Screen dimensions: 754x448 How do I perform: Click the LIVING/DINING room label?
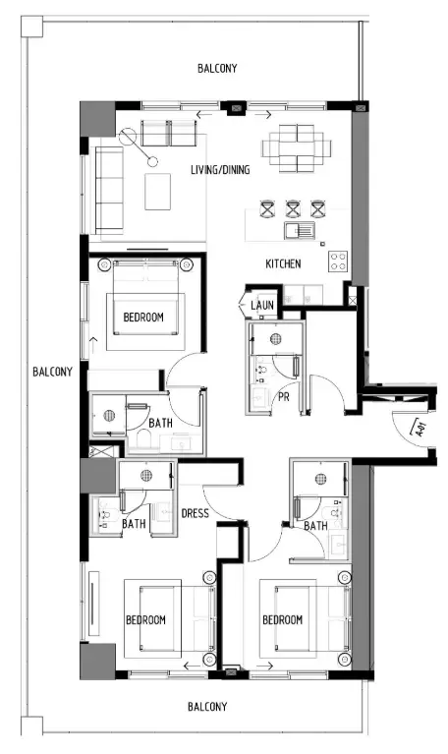[220, 170]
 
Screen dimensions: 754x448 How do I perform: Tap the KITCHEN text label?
[283, 264]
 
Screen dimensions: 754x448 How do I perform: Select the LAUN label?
[262, 306]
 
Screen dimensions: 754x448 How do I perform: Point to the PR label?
[283, 397]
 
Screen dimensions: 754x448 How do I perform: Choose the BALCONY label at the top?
[216, 68]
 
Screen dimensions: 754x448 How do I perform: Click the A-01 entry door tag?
[417, 428]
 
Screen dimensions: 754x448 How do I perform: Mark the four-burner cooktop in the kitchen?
[338, 261]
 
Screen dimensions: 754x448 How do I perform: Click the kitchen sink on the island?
[298, 232]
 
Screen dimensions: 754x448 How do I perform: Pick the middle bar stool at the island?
[293, 207]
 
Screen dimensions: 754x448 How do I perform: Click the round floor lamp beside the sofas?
[152, 158]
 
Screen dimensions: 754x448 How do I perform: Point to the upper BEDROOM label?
[142, 317]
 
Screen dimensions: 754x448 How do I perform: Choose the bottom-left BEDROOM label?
[145, 620]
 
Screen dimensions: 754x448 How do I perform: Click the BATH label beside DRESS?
[134, 524]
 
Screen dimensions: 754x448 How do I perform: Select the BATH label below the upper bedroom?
[161, 423]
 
